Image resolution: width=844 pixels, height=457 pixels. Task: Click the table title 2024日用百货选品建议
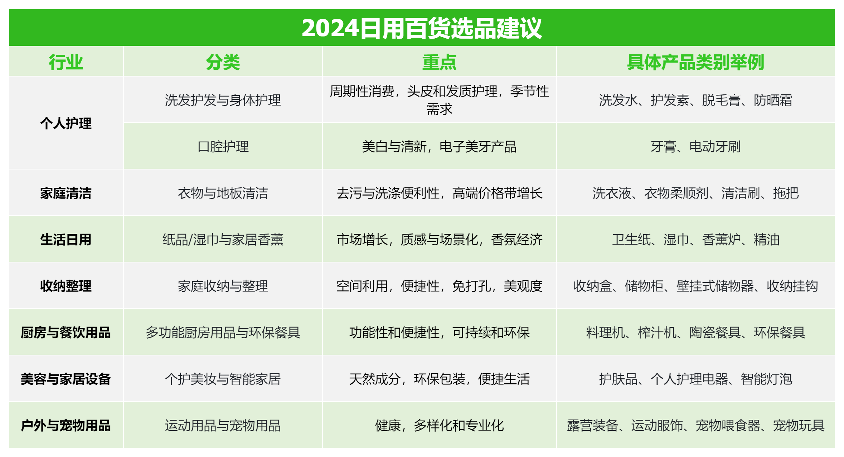point(422,28)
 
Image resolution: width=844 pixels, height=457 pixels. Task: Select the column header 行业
point(66,62)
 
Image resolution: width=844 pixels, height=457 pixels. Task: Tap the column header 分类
point(223,62)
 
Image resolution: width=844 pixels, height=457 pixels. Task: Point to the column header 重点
point(439,62)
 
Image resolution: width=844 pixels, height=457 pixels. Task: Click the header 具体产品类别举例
point(695,62)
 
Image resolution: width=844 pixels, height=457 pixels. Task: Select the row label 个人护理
point(66,123)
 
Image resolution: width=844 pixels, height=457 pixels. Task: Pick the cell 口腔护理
point(223,147)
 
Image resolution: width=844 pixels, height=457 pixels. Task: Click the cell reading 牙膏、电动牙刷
point(695,147)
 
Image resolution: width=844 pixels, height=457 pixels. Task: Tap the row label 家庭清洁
point(66,193)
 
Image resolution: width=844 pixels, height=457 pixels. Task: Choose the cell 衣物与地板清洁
point(223,193)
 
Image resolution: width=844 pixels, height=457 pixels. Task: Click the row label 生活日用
point(66,240)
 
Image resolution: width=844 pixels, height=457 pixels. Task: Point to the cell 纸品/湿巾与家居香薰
point(223,240)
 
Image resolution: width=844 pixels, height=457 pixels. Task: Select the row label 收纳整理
point(66,286)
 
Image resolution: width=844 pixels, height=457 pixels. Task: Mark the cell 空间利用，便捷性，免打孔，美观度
point(439,286)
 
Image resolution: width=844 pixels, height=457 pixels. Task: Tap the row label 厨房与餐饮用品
point(66,333)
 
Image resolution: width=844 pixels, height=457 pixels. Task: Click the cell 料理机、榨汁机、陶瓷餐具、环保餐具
point(695,333)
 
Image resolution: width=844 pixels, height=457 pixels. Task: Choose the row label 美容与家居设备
point(66,379)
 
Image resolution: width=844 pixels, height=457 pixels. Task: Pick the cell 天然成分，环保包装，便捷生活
point(439,379)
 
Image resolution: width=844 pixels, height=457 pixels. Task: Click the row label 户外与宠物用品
point(66,426)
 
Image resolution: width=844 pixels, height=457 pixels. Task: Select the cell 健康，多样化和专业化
point(439,426)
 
